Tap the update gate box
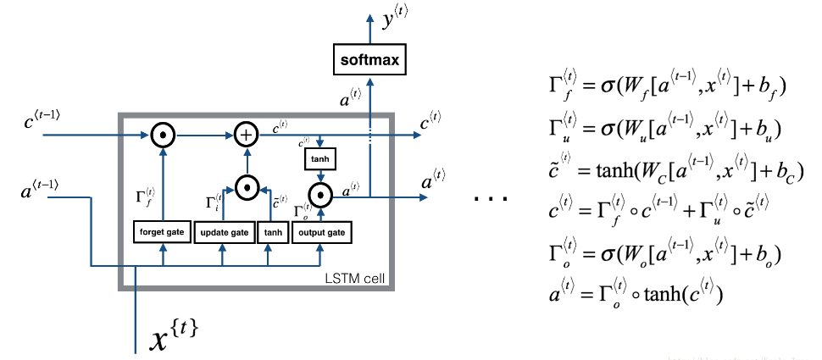[x=224, y=232]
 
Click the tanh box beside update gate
[x=273, y=232]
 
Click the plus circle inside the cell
[x=246, y=133]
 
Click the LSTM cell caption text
[x=359, y=279]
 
